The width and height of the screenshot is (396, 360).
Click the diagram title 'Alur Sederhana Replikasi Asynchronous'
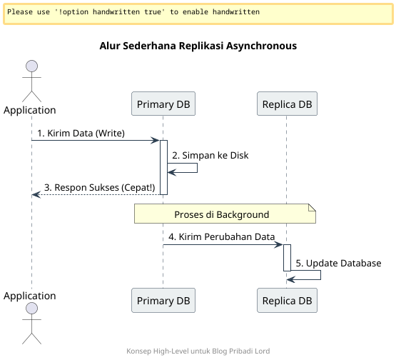click(198, 46)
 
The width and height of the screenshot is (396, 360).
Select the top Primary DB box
click(163, 104)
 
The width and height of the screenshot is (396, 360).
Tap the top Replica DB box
click(287, 104)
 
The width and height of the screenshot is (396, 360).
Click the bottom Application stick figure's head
click(31, 309)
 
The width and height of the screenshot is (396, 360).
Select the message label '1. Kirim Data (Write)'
click(81, 133)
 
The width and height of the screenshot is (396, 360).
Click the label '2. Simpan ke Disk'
click(209, 155)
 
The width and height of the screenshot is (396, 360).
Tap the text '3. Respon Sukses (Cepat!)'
click(99, 187)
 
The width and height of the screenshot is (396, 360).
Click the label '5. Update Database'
click(338, 263)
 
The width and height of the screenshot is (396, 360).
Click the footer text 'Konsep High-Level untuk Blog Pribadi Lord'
click(198, 351)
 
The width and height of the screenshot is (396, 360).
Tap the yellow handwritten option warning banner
click(198, 13)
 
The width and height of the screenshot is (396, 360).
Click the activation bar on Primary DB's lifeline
click(163, 167)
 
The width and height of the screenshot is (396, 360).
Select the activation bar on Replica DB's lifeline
click(287, 257)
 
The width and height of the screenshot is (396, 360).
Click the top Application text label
click(30, 110)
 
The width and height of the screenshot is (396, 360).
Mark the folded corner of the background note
click(312, 208)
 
